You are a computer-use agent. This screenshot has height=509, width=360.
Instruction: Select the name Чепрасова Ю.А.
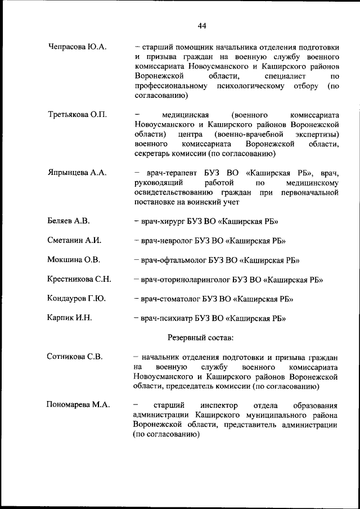tap(78, 47)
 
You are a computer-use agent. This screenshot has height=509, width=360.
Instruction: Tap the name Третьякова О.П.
tap(78, 115)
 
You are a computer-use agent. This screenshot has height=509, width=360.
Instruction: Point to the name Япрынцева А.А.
tap(77, 173)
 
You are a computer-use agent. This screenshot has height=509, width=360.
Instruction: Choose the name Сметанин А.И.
tap(74, 241)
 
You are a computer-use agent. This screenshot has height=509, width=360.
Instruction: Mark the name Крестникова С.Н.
tap(79, 279)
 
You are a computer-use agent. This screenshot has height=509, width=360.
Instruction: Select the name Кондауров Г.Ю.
tap(77, 298)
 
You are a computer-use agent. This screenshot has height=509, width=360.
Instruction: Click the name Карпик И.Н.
tap(70, 318)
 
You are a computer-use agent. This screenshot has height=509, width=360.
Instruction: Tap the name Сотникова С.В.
tap(75, 357)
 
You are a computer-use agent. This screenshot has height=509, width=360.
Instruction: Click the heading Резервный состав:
tap(200, 337)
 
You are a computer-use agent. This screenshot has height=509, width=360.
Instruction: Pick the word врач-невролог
tap(166, 241)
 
